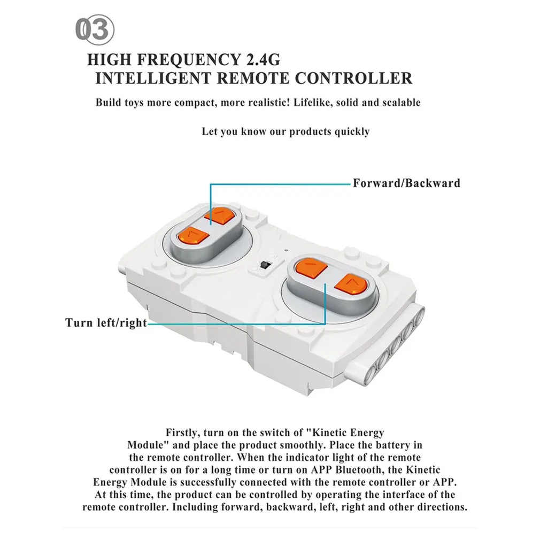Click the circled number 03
pos(95,29)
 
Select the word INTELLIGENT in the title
pos(152,78)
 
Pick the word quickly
pos(352,132)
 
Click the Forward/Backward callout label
pos(406,183)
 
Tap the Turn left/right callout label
pos(106,323)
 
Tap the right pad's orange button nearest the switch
pos(311,267)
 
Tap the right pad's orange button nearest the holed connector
pos(351,285)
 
